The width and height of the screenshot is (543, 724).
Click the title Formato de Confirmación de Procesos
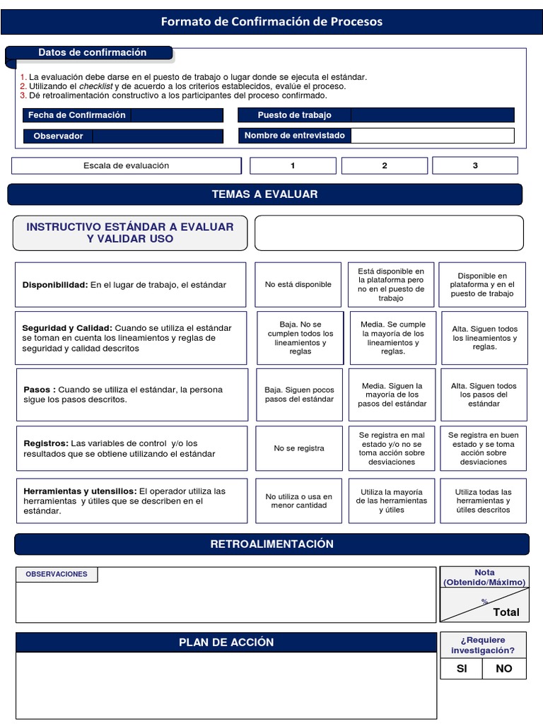pos(271,21)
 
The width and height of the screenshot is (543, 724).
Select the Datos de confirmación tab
pos(92,52)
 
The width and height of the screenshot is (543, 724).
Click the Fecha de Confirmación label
pos(76,115)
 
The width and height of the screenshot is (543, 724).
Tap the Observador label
pos(58,136)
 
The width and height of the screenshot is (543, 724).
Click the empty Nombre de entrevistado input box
pos(432,136)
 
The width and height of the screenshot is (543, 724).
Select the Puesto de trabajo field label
pos(294,115)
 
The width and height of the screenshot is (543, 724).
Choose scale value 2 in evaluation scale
pos(385,165)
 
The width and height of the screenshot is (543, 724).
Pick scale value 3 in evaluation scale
pos(475,165)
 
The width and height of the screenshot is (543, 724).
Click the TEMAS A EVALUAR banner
pos(264,194)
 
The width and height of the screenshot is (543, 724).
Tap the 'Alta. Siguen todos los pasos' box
pos(484,395)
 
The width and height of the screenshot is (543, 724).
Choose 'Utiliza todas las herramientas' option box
pos(484,501)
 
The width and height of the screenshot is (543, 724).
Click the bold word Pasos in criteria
pos(37,390)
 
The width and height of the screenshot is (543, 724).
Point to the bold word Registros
pos(45,443)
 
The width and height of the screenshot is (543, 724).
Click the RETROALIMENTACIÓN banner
pos(271,544)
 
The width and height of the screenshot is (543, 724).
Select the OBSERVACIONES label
pos(57,574)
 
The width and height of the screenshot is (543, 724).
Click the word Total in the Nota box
pos(506,612)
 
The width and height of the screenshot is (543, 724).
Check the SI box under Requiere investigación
pos(462,668)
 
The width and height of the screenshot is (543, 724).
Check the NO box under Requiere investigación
pos(504,668)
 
